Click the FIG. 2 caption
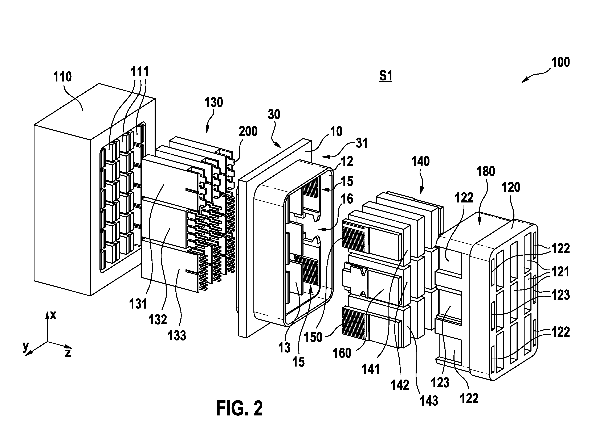point(239,408)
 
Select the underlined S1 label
point(385,76)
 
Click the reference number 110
point(62,77)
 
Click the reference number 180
point(486,171)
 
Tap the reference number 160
point(342,353)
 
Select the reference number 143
point(429,401)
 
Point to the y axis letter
point(25,347)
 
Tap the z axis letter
point(68,353)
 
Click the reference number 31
point(361,143)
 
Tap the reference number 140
point(420,161)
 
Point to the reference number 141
point(370,369)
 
